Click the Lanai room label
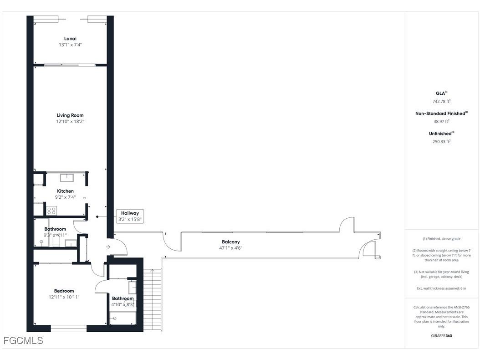70,39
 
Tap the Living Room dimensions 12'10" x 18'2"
70,122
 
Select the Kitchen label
65,191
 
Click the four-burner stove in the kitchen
51,211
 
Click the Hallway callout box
130,216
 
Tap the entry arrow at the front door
108,247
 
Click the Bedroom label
64,291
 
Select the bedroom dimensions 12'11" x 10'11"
64,297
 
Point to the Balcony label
230,242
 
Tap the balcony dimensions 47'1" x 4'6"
230,248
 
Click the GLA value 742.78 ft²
441,101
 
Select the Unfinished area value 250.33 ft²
441,141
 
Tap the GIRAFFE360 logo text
441,335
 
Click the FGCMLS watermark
23,340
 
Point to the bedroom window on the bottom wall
68,328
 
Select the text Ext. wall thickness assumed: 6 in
441,288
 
